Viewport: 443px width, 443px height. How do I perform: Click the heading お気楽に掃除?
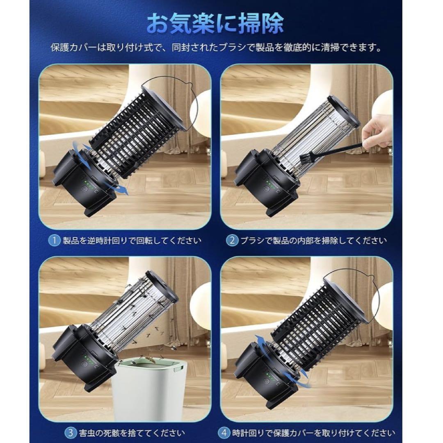pos(215,23)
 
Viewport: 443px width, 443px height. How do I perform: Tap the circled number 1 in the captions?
pos(54,240)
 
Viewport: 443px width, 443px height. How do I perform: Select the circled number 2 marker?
pos(232,240)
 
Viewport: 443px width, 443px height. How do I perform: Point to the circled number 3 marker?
pos(71,433)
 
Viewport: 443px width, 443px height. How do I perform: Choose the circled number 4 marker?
pos(224,433)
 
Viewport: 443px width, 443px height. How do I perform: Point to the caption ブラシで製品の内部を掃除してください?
pos(313,241)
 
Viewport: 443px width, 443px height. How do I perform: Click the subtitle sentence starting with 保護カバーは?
pos(216,47)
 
